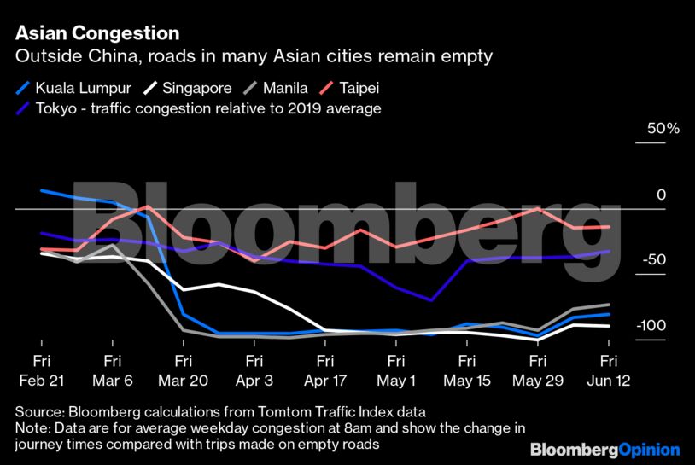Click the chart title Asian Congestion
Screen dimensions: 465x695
97,33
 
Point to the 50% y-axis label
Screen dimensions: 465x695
663,129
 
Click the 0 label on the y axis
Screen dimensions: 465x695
660,195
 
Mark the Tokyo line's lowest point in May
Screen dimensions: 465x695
432,300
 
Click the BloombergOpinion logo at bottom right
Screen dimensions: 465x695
604,449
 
